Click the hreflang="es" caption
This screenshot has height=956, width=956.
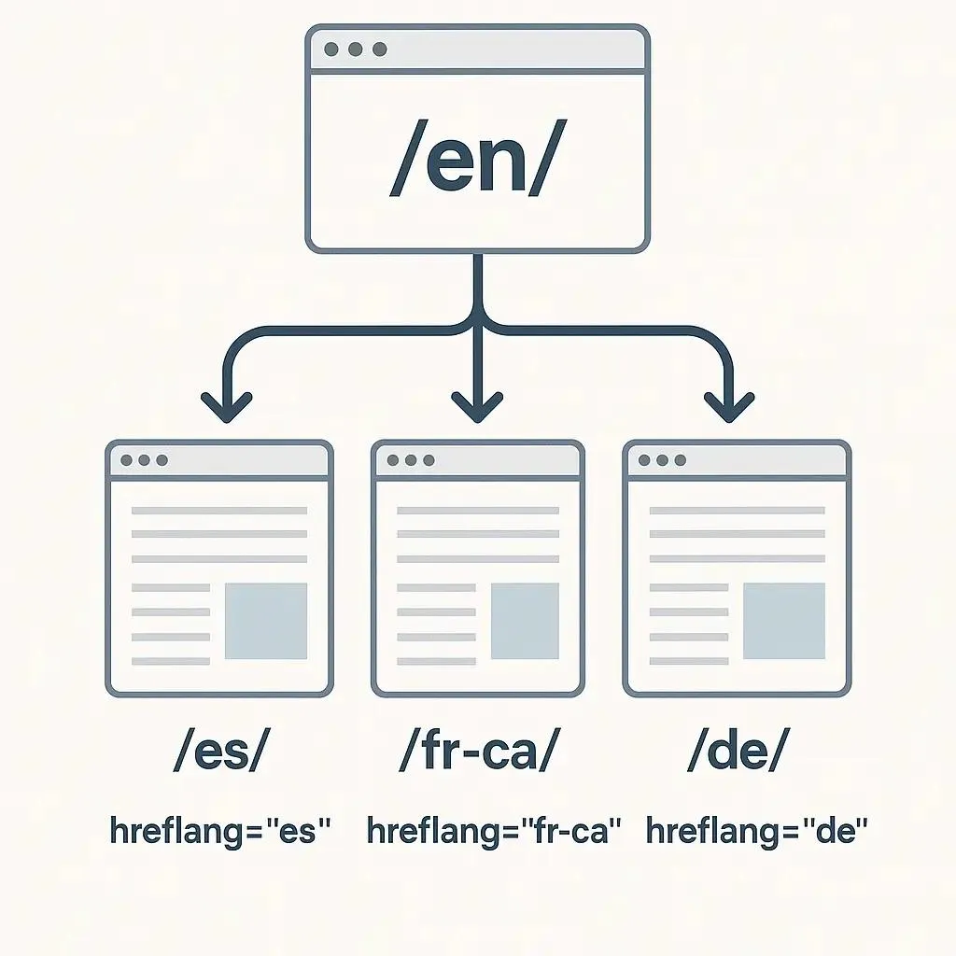[x=220, y=830]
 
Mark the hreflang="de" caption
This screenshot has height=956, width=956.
[x=756, y=830]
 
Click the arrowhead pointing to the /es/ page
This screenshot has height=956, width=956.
[x=226, y=406]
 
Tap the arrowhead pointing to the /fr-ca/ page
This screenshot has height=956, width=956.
[x=477, y=406]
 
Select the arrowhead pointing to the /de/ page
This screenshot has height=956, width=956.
[x=729, y=406]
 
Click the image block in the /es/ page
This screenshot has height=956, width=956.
[x=266, y=621]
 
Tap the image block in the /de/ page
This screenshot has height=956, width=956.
[x=783, y=621]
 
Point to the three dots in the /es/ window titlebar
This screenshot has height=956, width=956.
[x=144, y=460]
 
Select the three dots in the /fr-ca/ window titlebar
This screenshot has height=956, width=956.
[x=409, y=460]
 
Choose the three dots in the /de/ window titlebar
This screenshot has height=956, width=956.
[x=662, y=460]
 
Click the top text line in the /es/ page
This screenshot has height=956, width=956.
[x=219, y=511]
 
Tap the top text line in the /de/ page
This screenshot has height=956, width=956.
[x=737, y=511]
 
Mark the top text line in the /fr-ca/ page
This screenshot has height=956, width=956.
[x=477, y=511]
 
